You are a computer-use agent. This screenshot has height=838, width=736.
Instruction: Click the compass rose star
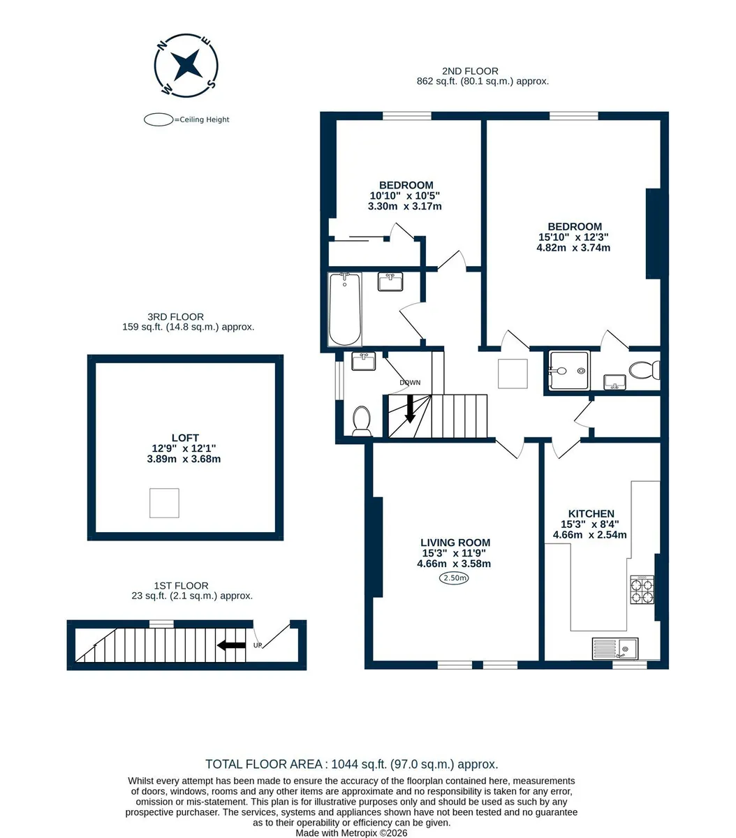(186, 65)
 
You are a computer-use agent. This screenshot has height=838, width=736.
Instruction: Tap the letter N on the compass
(163, 45)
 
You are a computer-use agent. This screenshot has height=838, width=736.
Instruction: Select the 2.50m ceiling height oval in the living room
(454, 578)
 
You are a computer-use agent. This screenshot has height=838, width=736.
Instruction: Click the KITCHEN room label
(591, 514)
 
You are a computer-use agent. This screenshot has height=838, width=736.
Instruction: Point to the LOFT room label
(185, 438)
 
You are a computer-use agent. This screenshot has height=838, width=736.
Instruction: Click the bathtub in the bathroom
(345, 309)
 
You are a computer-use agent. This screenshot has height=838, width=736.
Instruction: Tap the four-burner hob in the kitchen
(642, 589)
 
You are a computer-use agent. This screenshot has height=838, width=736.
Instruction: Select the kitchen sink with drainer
(614, 649)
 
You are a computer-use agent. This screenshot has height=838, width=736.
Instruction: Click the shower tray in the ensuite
(569, 371)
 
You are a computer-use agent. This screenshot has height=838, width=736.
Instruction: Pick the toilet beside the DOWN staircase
(362, 421)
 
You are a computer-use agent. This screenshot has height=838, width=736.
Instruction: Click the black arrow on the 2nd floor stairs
(410, 409)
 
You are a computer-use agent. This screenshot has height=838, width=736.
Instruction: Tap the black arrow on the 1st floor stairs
(231, 645)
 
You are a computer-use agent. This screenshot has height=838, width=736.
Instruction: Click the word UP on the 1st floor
(258, 645)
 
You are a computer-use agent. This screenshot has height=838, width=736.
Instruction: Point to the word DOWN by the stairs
(410, 383)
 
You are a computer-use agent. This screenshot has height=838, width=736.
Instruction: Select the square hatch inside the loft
(164, 503)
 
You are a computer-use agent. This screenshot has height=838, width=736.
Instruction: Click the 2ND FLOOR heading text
(470, 71)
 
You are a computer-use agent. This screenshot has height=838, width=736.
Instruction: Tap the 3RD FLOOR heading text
(175, 317)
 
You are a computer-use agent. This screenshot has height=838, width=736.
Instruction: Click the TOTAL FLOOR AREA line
(352, 765)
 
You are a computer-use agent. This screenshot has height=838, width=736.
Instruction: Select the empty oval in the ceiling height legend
(159, 119)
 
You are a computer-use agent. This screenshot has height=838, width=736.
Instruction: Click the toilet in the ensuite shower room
(644, 370)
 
